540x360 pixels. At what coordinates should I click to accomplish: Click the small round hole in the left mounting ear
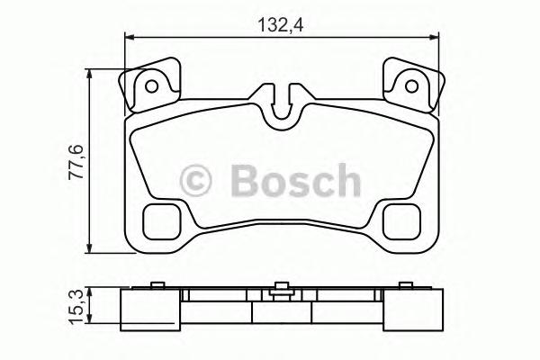pyautogui.click(x=152, y=86)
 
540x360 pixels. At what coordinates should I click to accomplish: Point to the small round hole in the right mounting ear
pyautogui.click(x=411, y=86)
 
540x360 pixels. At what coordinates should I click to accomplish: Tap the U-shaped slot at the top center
pyautogui.click(x=282, y=103)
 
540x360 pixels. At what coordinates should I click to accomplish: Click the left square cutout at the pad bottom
pyautogui.click(x=162, y=219)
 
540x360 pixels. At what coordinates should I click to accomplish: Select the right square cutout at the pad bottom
pyautogui.click(x=400, y=219)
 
